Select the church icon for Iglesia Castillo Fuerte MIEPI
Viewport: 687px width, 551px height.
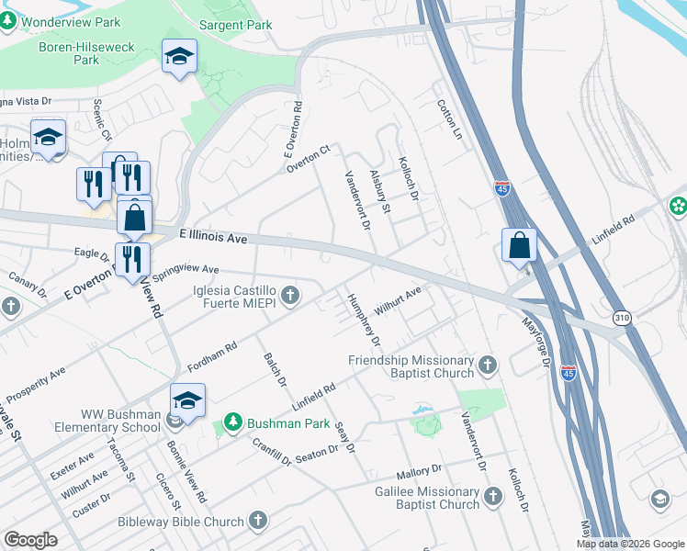(290, 295)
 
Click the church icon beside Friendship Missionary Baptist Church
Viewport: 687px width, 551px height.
(488, 366)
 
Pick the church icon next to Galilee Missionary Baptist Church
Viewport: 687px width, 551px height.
(493, 497)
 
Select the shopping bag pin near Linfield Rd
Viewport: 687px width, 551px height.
(519, 246)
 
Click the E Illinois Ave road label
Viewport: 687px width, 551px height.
(213, 237)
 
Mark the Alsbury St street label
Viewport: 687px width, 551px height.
(380, 191)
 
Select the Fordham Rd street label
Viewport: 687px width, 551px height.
(212, 355)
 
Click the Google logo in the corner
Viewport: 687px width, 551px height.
(30, 539)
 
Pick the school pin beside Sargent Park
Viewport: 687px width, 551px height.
(179, 57)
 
